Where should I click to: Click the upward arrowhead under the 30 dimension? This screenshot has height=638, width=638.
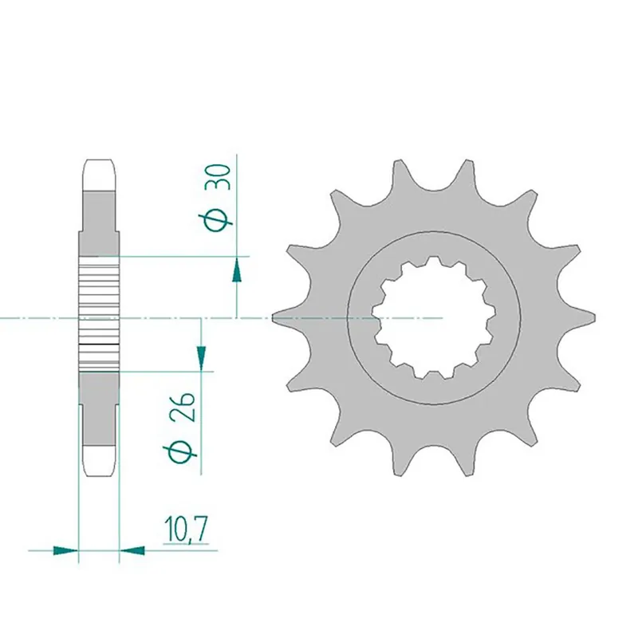pos(237,270)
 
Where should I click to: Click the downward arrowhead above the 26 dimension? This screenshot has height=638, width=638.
pos(201,355)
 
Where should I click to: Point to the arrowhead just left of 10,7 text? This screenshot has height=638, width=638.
pos(132,549)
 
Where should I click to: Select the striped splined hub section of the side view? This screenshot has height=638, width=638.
pos(99,317)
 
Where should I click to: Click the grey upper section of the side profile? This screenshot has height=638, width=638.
pos(99,211)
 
